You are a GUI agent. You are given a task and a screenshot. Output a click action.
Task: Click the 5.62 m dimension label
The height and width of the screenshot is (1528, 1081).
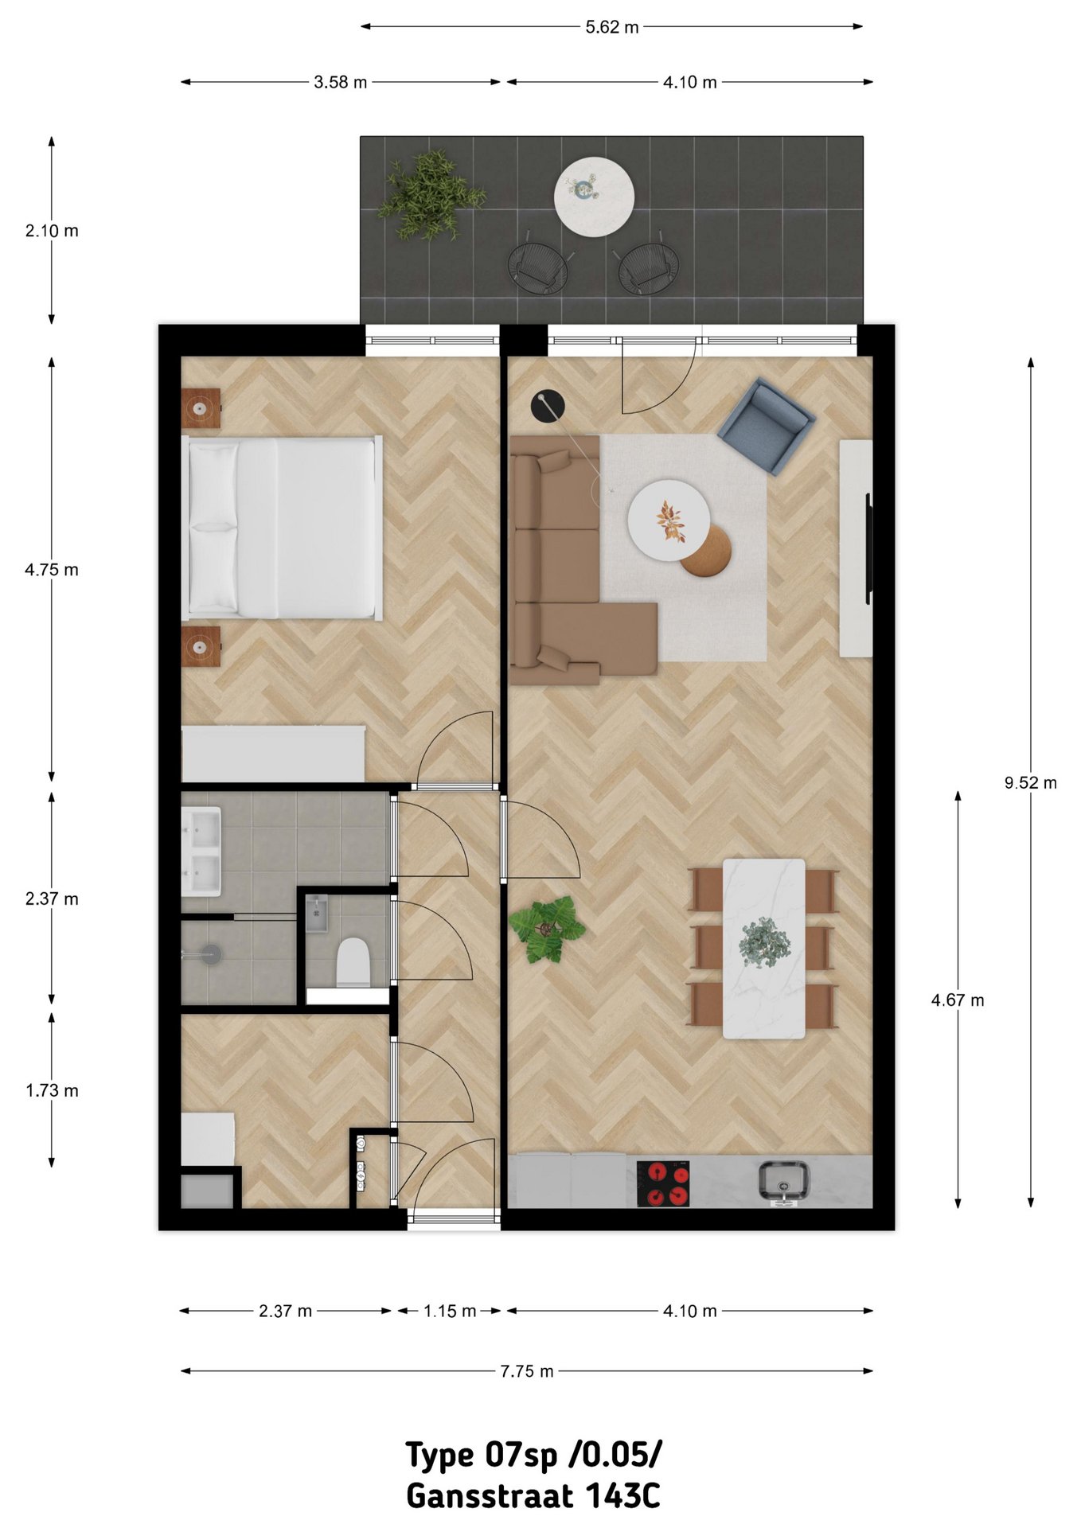(x=611, y=27)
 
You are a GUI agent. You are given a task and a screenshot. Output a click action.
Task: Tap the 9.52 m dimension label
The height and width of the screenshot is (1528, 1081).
(x=1030, y=782)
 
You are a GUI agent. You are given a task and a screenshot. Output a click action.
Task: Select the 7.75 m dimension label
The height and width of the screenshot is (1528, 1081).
(x=526, y=1371)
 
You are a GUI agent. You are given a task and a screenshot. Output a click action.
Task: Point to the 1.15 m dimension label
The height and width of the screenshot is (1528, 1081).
(x=450, y=1311)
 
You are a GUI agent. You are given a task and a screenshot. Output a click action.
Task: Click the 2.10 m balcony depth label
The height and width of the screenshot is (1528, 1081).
(x=52, y=231)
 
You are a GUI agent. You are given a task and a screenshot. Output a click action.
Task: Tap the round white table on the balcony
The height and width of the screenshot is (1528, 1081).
(x=594, y=196)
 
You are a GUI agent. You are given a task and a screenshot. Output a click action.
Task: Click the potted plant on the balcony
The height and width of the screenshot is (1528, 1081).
(x=431, y=196)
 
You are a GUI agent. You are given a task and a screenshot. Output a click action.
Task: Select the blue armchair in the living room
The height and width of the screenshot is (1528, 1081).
(x=766, y=426)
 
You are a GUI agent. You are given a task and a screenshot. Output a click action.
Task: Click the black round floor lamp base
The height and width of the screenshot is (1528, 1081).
(x=548, y=406)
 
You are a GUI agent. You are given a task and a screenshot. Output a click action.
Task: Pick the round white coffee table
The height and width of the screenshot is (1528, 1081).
(x=669, y=520)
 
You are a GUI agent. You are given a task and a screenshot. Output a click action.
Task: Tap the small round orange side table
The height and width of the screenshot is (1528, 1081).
(x=707, y=551)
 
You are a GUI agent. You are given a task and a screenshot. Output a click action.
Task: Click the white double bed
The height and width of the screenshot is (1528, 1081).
(x=282, y=528)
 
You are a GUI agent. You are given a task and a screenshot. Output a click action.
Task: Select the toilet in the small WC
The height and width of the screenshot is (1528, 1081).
(x=353, y=962)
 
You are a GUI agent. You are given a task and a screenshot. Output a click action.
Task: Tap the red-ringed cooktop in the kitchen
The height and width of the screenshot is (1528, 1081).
(x=663, y=1183)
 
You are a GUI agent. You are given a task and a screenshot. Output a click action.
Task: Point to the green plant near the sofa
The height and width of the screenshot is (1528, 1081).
(x=547, y=930)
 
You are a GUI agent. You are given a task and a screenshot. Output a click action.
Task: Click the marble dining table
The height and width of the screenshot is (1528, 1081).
(x=763, y=949)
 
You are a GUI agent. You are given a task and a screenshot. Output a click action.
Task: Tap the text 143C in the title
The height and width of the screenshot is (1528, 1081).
(x=623, y=1496)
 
